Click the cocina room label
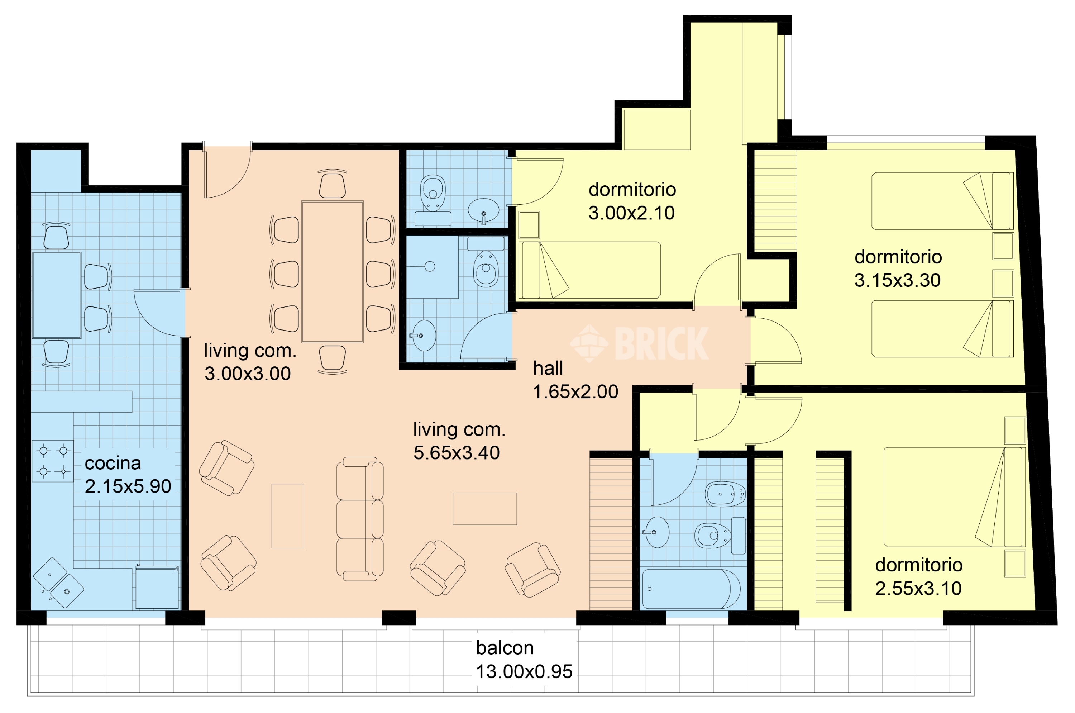113,464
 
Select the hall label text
548,368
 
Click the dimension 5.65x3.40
457,453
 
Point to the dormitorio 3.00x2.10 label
632,201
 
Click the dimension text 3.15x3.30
897,280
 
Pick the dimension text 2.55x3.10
918,588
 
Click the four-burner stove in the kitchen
53,461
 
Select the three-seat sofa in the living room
359,519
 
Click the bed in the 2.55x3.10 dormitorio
955,497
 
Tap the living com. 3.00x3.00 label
249,362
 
